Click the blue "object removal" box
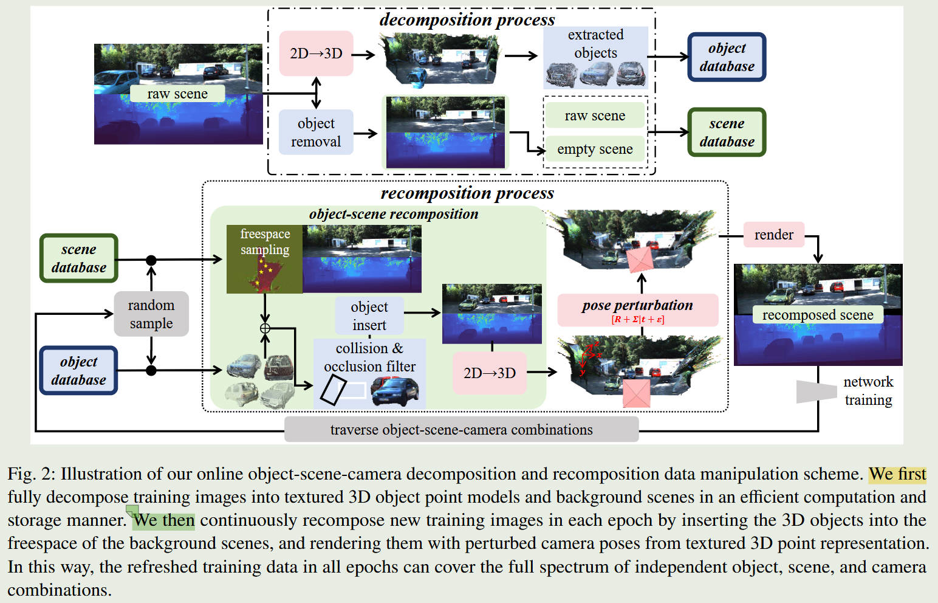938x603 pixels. point(316,133)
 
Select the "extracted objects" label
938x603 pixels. point(595,44)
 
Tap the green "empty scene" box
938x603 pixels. point(595,149)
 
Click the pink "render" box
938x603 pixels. point(773,235)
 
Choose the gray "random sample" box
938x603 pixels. point(151,314)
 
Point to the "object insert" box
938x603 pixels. point(369,315)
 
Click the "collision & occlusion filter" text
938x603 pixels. point(369,357)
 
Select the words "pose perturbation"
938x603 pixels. point(637,305)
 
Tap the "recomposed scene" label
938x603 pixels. point(818,315)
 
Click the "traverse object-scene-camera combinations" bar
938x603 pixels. point(461,430)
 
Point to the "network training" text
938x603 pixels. point(868,391)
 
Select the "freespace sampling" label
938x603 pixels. point(265,242)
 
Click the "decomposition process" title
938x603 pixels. point(467,19)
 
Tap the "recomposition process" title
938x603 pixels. point(467,193)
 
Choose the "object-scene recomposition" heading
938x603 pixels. point(393,214)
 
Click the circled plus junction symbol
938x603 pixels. point(265,328)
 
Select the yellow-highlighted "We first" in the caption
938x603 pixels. point(897,474)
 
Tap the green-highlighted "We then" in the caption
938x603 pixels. point(164,520)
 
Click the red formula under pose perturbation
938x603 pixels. point(637,319)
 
